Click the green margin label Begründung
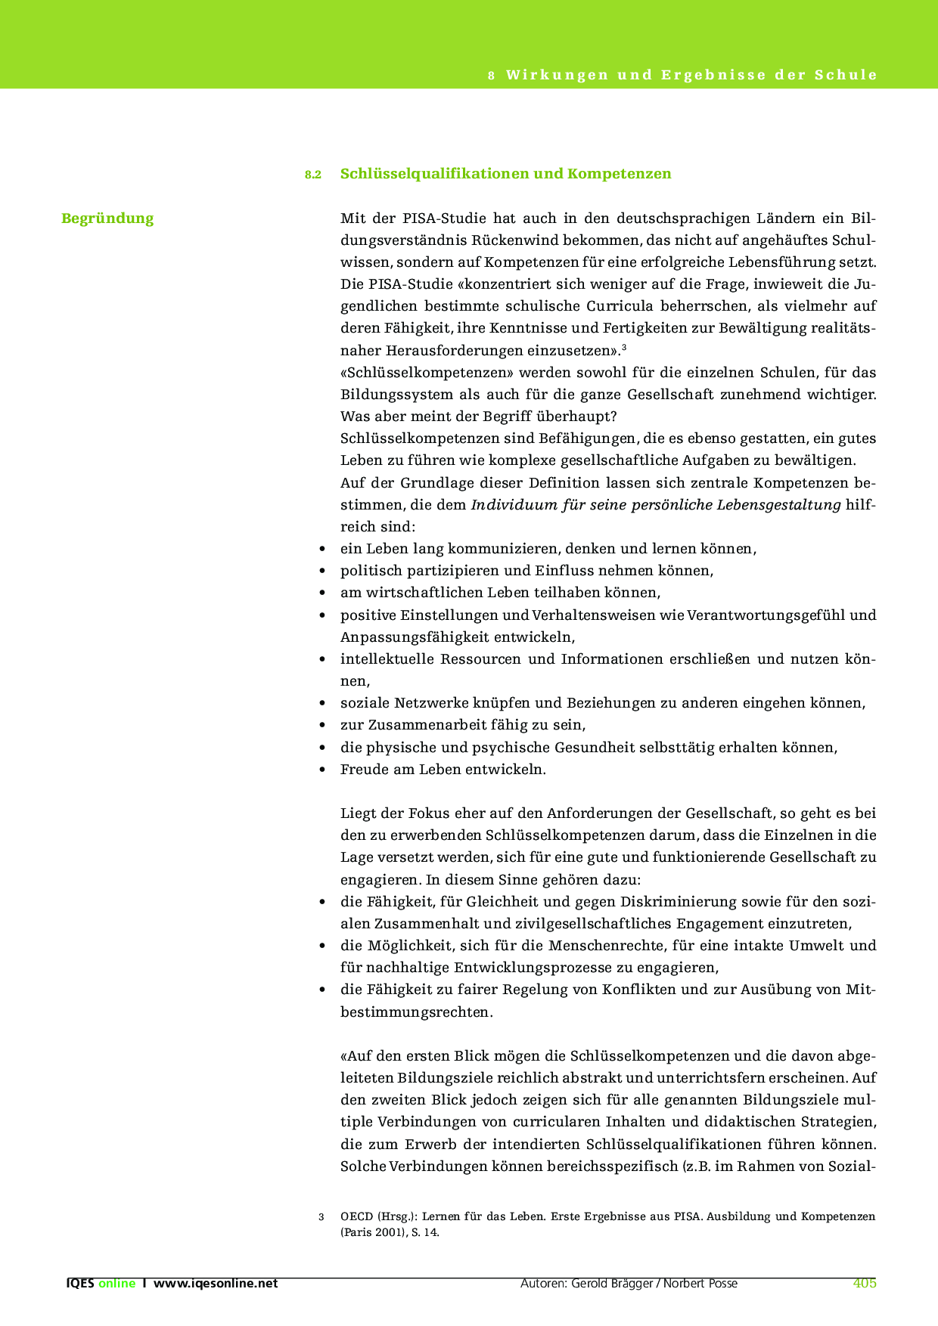(x=107, y=218)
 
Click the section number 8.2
(x=313, y=175)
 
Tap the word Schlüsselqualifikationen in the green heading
(x=434, y=174)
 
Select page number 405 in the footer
(x=864, y=1283)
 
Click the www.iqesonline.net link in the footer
(x=216, y=1283)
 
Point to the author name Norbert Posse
(x=700, y=1283)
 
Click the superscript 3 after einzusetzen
(x=623, y=347)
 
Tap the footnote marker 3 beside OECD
(x=321, y=1217)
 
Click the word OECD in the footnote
(x=356, y=1216)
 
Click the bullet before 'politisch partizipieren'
(x=324, y=572)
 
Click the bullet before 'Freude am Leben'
(x=324, y=770)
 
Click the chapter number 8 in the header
(x=491, y=76)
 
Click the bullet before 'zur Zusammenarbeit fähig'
(x=324, y=726)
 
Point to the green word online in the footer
(x=116, y=1283)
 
